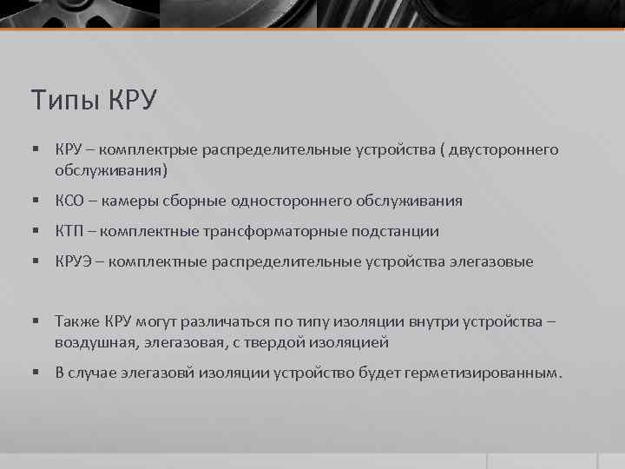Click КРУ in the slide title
(x=132, y=100)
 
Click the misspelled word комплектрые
(x=148, y=150)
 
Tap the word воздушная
(x=91, y=342)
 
